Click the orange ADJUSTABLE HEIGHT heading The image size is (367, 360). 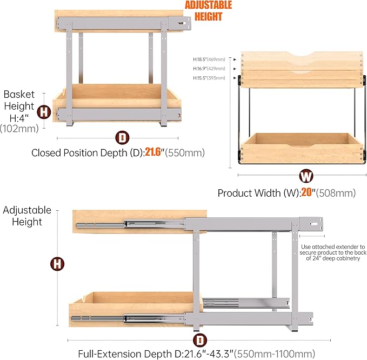click(209, 11)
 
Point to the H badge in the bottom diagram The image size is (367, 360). click(56, 264)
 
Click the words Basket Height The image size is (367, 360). click(19, 101)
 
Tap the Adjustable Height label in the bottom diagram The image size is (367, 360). click(27, 216)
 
